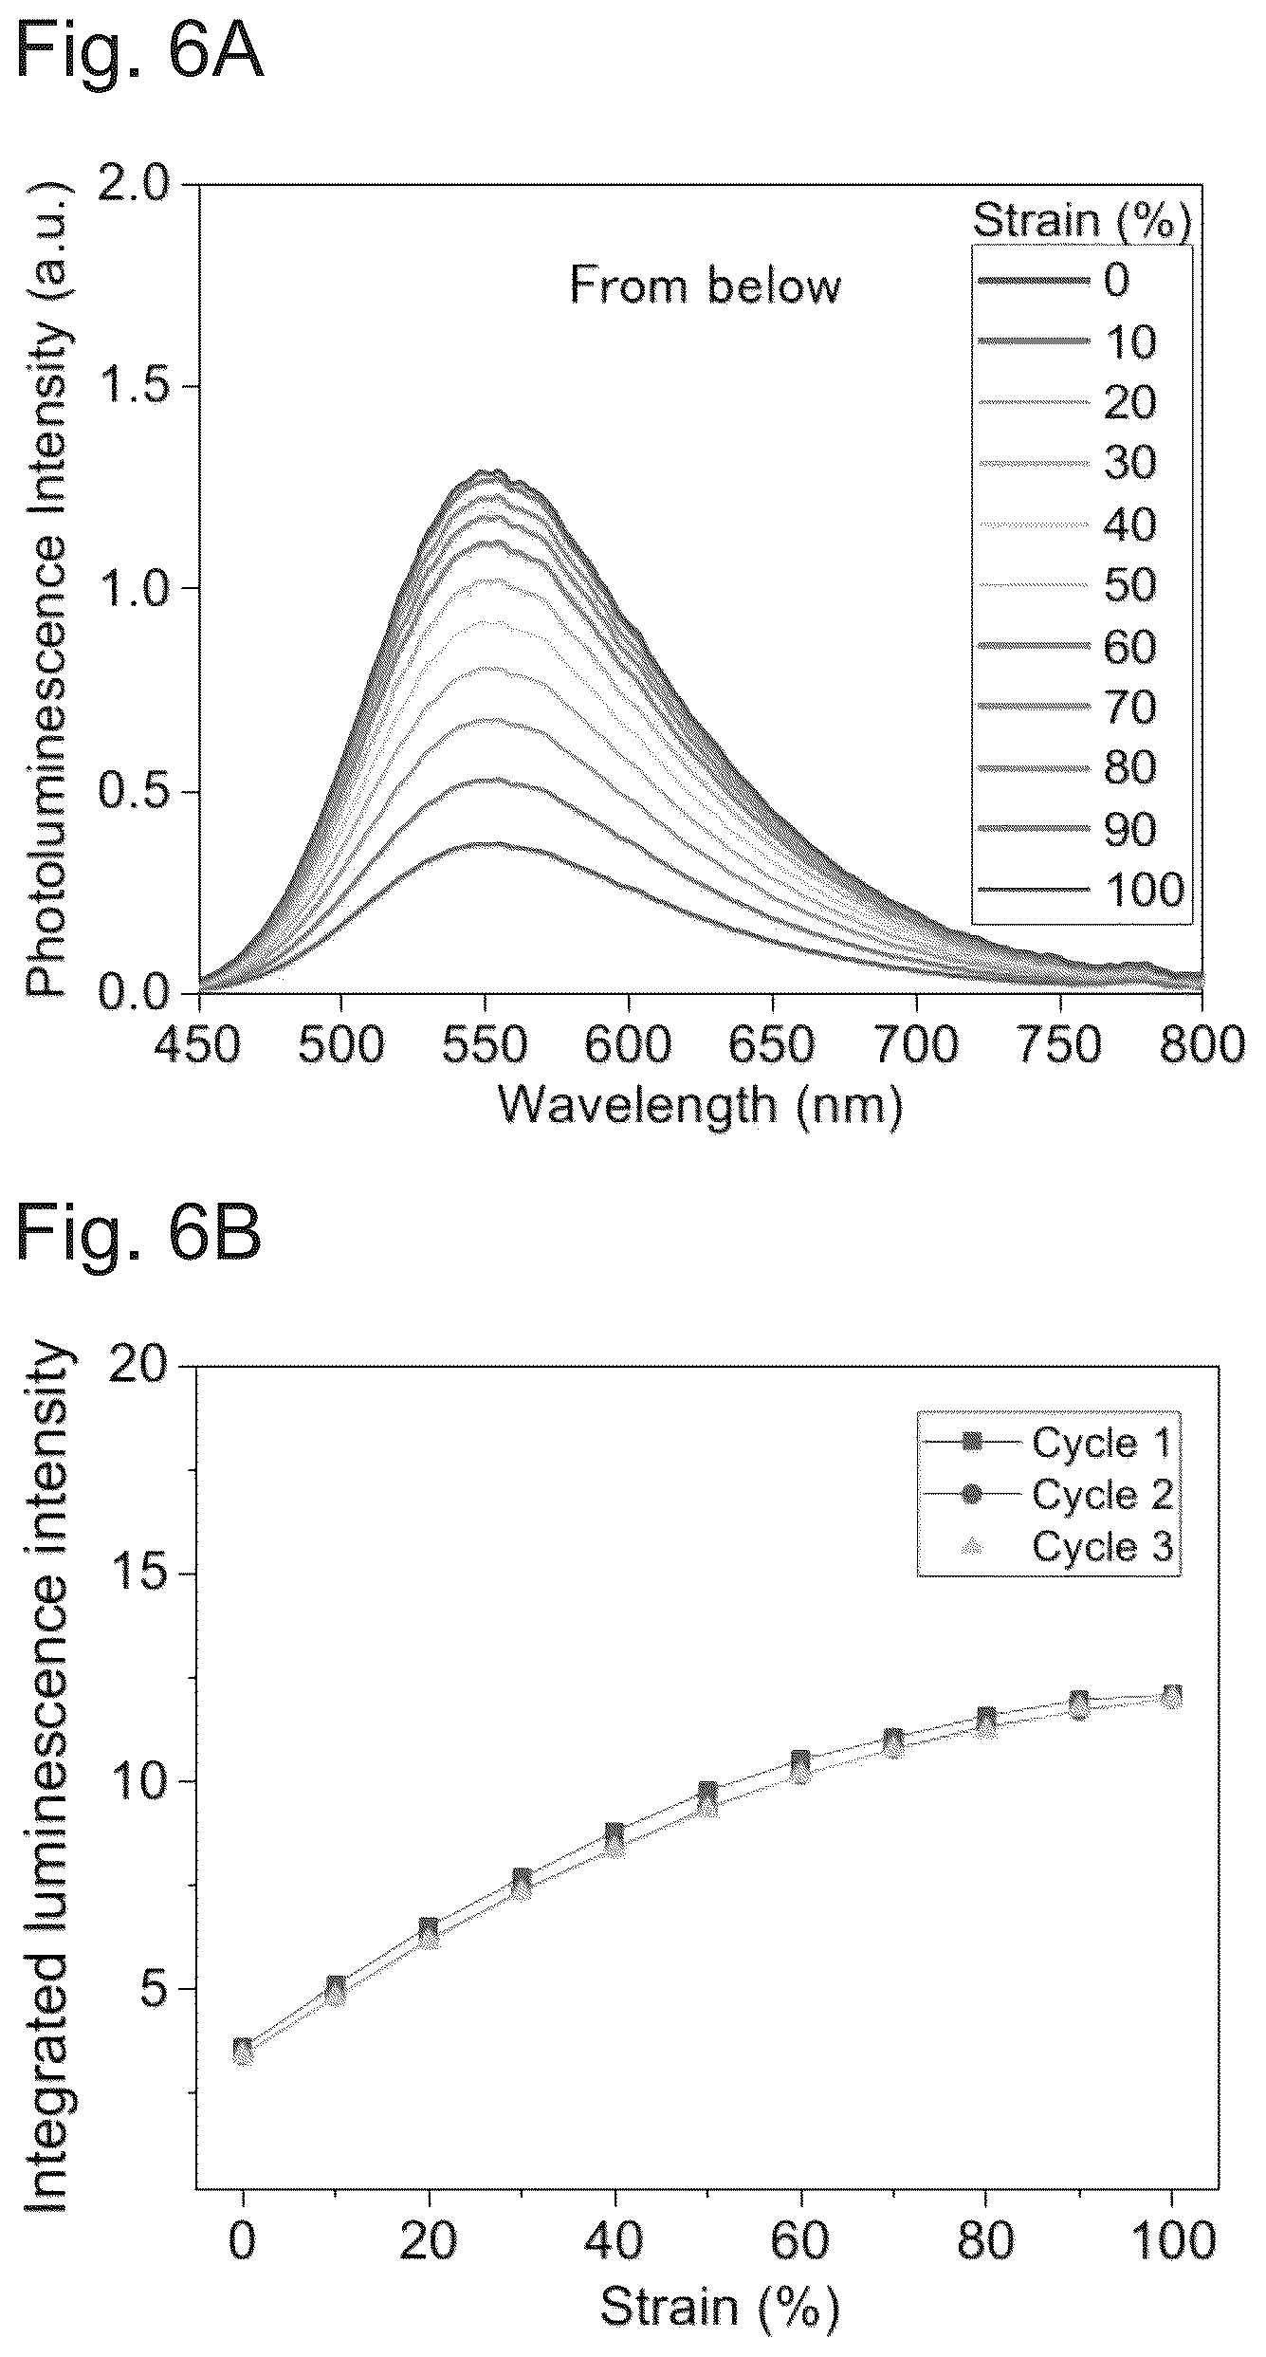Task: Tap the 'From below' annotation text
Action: click(x=705, y=285)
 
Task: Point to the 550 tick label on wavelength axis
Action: click(x=485, y=1046)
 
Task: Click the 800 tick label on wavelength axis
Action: click(x=1202, y=1046)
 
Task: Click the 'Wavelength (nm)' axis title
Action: click(x=700, y=1106)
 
